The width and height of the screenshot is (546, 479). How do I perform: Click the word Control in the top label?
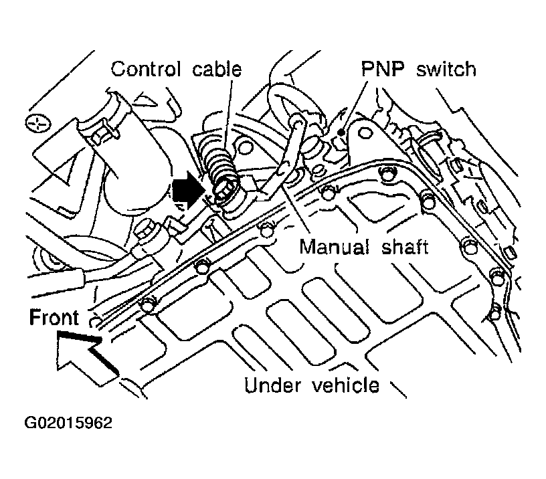pyautogui.click(x=146, y=70)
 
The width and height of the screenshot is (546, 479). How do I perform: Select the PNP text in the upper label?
pyautogui.click(x=383, y=69)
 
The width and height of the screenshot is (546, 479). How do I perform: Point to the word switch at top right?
pyautogui.click(x=446, y=69)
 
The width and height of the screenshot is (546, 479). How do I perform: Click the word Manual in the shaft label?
pyautogui.click(x=335, y=247)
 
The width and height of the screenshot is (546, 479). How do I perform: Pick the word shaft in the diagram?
pyautogui.click(x=405, y=247)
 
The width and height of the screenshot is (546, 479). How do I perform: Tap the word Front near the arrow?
pyautogui.click(x=54, y=317)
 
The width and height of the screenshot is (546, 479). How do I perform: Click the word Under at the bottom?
pyautogui.click(x=272, y=385)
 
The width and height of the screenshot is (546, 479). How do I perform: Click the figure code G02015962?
pyautogui.click(x=68, y=423)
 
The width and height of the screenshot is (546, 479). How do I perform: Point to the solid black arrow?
pyautogui.click(x=187, y=190)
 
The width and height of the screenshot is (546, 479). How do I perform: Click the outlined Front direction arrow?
pyautogui.click(x=87, y=357)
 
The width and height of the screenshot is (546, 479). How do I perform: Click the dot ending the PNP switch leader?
pyautogui.click(x=342, y=132)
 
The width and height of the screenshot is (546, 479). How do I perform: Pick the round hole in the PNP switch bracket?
pyautogui.click(x=364, y=133)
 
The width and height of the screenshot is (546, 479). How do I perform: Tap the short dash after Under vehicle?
pyautogui.click(x=397, y=389)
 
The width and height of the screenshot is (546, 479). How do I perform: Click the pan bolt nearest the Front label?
pyautogui.click(x=148, y=304)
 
